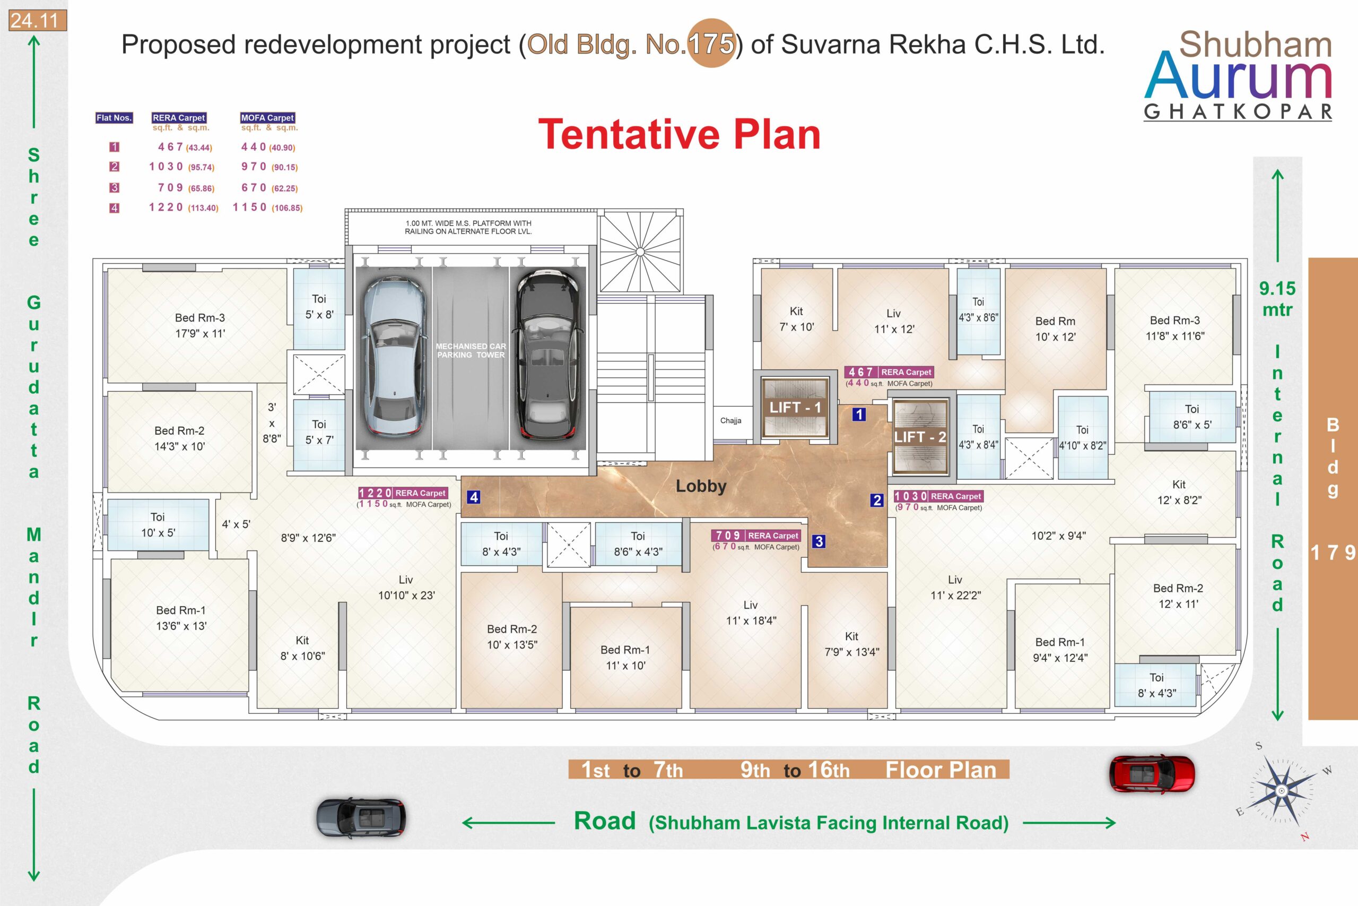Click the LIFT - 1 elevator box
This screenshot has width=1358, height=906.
795,407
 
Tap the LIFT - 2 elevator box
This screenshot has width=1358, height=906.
920,437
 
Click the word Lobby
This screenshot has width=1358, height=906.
701,486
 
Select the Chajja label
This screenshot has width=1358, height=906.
730,421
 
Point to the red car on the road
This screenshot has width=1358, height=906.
1151,774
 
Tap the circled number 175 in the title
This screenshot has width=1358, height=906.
711,44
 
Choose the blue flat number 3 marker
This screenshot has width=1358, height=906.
819,541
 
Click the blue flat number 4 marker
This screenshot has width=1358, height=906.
474,497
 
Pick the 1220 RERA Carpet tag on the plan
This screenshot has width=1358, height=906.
403,493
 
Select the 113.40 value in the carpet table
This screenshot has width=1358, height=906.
203,208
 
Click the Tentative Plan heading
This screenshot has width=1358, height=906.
679,135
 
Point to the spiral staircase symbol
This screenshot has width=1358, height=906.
640,252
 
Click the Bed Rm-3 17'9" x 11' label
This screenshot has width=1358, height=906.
200,325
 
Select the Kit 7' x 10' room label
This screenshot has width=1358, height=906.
796,319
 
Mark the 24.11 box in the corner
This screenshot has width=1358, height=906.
37,21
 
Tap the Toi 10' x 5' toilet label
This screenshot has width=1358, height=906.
158,524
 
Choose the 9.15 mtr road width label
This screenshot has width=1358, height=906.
1277,299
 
